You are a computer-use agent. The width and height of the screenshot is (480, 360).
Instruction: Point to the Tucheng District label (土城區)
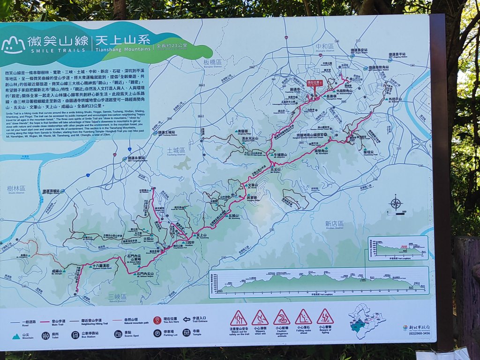(x=176, y=150)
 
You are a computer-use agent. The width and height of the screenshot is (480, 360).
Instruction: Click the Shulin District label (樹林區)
(x=16, y=188)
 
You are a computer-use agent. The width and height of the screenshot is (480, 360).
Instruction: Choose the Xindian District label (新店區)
(x=334, y=224)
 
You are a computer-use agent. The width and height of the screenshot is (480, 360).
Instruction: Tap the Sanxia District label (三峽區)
(x=117, y=297)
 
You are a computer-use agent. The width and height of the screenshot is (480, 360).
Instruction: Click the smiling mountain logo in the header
(x=13, y=45)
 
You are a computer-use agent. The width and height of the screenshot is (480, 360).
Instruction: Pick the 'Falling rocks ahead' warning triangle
(x=303, y=317)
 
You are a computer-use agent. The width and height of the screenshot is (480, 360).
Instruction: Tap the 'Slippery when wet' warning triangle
(x=260, y=318)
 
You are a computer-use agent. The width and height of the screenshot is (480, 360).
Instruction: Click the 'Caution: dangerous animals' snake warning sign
(x=281, y=317)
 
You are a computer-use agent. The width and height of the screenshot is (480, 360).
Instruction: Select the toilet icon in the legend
(x=45, y=335)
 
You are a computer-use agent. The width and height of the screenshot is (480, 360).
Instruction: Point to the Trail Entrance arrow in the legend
(x=187, y=320)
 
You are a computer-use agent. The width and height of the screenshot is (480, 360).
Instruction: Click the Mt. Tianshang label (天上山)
(x=202, y=235)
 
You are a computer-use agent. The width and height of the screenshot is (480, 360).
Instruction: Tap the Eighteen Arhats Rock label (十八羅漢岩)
(x=100, y=266)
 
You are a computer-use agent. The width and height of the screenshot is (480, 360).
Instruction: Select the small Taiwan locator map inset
(x=367, y=321)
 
